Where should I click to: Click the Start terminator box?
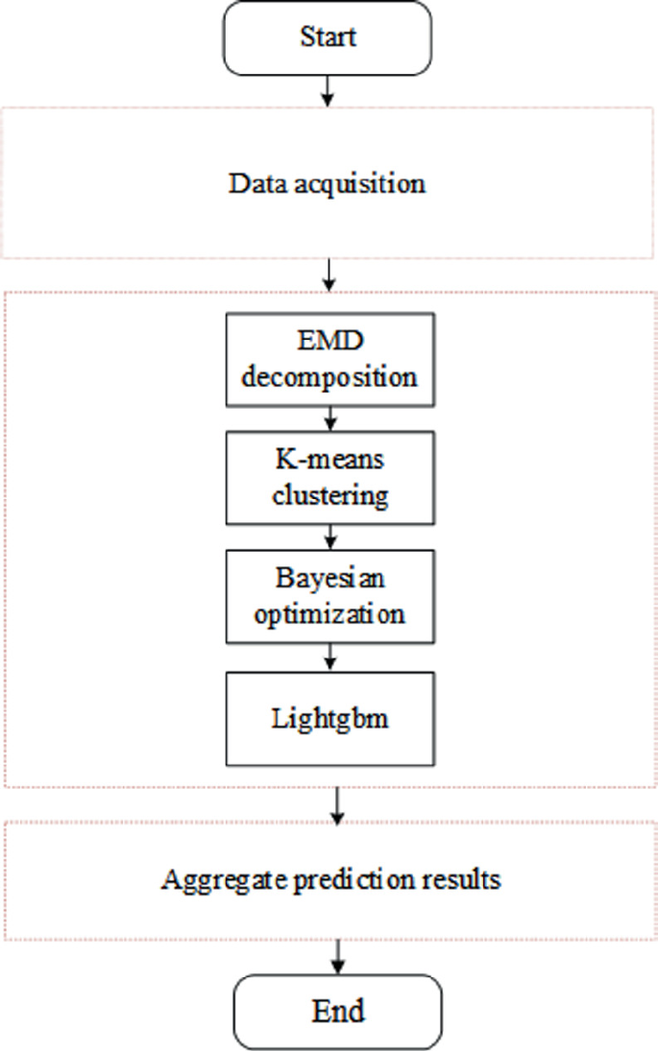pyautogui.click(x=329, y=37)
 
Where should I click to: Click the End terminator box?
pyautogui.click(x=337, y=1012)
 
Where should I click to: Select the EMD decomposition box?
pyautogui.click(x=329, y=358)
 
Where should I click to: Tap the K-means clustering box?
pyautogui.click(x=329, y=478)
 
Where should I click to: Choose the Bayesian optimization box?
pyautogui.click(x=329, y=596)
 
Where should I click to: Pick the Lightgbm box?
pyautogui.click(x=329, y=718)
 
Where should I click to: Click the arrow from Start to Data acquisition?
pyautogui.click(x=329, y=90)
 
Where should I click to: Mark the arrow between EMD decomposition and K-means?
pyautogui.click(x=329, y=418)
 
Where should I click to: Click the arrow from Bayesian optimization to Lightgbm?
pyautogui.click(x=329, y=657)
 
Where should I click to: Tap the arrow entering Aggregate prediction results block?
pyautogui.click(x=337, y=804)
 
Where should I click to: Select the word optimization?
pyautogui.click(x=329, y=611)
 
